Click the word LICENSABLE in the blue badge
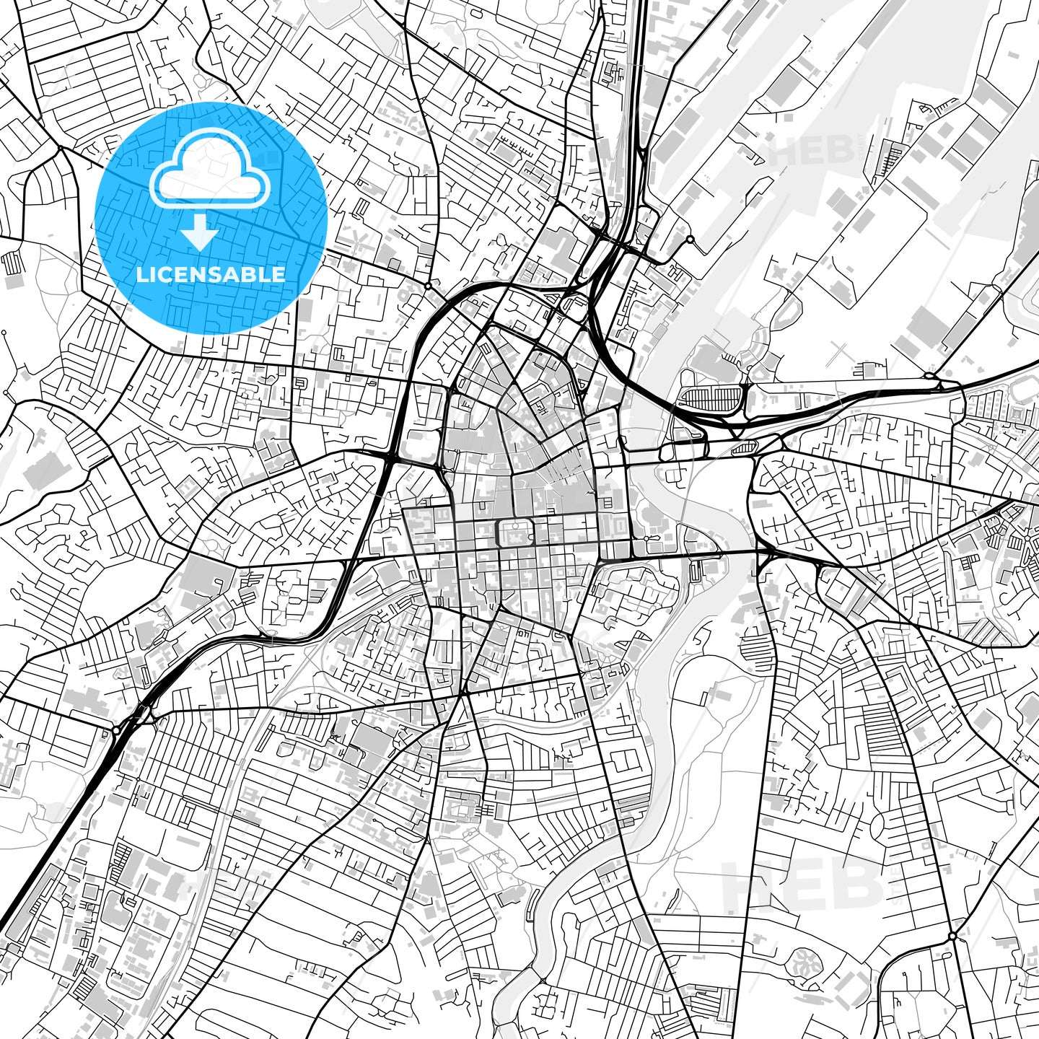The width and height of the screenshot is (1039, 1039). click(211, 275)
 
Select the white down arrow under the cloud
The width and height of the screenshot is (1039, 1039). click(201, 232)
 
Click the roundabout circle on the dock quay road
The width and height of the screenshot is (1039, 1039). click(691, 239)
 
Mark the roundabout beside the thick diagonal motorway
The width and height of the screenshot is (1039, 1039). click(116, 731)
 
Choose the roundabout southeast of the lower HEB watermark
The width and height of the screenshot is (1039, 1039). click(952, 936)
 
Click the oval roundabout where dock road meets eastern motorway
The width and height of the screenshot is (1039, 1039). click(931, 376)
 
